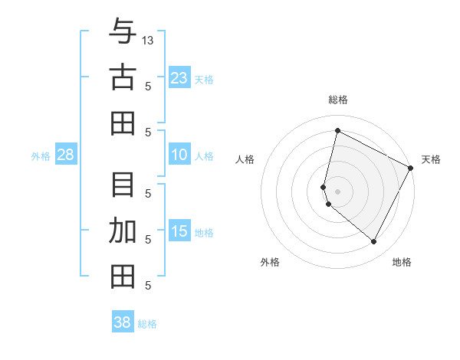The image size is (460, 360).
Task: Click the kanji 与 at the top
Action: click(123, 33)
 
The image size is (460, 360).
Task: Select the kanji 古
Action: click(123, 77)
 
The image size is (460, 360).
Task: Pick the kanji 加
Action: click(123, 231)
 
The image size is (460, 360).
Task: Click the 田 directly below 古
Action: click(123, 123)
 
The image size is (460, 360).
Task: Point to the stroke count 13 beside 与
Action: click(148, 40)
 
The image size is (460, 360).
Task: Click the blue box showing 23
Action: click(179, 78)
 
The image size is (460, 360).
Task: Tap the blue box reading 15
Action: click(179, 232)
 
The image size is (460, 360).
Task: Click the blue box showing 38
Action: click(123, 322)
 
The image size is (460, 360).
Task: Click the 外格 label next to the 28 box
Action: click(41, 156)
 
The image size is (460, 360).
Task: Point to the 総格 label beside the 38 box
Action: click(148, 324)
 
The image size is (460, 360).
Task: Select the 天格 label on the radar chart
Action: click(431, 159)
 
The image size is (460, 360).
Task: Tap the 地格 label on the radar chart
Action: click(402, 262)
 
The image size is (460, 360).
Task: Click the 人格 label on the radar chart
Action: click(245, 159)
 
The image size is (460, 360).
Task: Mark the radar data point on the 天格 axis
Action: click(411, 168)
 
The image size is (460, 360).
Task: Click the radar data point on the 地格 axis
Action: click(374, 242)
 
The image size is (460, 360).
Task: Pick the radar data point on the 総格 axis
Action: click(337, 130)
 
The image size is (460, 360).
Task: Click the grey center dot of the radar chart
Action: click(337, 191)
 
